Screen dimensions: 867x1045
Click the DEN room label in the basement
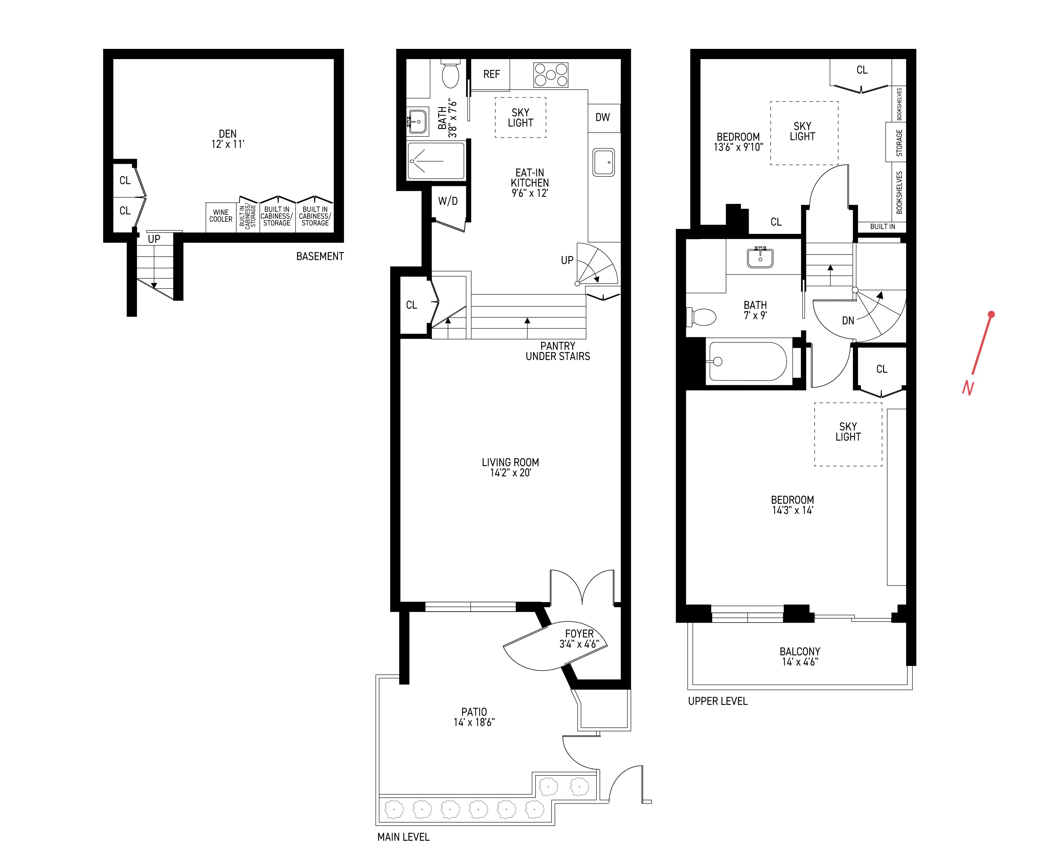pyautogui.click(x=227, y=134)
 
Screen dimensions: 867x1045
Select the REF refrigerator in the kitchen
pyautogui.click(x=491, y=74)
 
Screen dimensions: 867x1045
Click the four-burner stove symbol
pyautogui.click(x=550, y=75)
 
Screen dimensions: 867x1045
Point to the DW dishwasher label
pyautogui.click(x=602, y=117)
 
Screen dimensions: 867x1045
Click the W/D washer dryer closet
pyautogui.click(x=448, y=201)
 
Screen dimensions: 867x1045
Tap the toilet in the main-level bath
pyautogui.click(x=451, y=75)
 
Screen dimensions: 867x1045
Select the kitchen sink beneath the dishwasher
pyautogui.click(x=604, y=162)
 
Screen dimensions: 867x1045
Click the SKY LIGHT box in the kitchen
pyautogui.click(x=520, y=117)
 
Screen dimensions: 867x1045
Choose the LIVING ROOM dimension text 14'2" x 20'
pyautogui.click(x=510, y=473)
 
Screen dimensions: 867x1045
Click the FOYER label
pyautogui.click(x=579, y=634)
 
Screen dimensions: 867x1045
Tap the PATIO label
pyautogui.click(x=474, y=712)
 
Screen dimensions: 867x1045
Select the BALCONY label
pyautogui.click(x=799, y=651)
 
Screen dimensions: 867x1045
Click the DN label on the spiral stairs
pyautogui.click(x=848, y=321)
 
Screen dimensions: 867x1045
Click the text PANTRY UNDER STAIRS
pyautogui.click(x=557, y=351)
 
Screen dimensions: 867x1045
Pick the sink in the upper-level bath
pyautogui.click(x=760, y=258)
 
